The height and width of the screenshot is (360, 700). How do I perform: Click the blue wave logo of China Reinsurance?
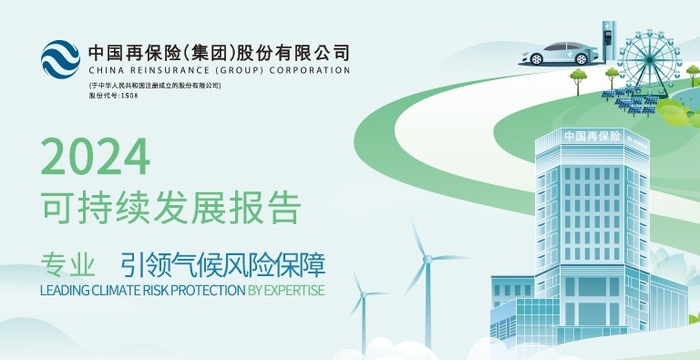click(x=60, y=58)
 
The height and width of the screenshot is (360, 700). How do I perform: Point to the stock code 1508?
click(x=130, y=95)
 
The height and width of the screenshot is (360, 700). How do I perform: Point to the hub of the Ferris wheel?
click(x=651, y=61)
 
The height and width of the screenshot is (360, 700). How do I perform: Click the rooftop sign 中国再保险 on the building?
click(x=592, y=136)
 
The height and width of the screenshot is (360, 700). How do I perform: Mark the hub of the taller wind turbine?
click(x=426, y=259)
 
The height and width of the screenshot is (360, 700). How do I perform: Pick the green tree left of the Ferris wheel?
click(x=577, y=77)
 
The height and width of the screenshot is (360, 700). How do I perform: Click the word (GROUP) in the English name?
click(x=242, y=69)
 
